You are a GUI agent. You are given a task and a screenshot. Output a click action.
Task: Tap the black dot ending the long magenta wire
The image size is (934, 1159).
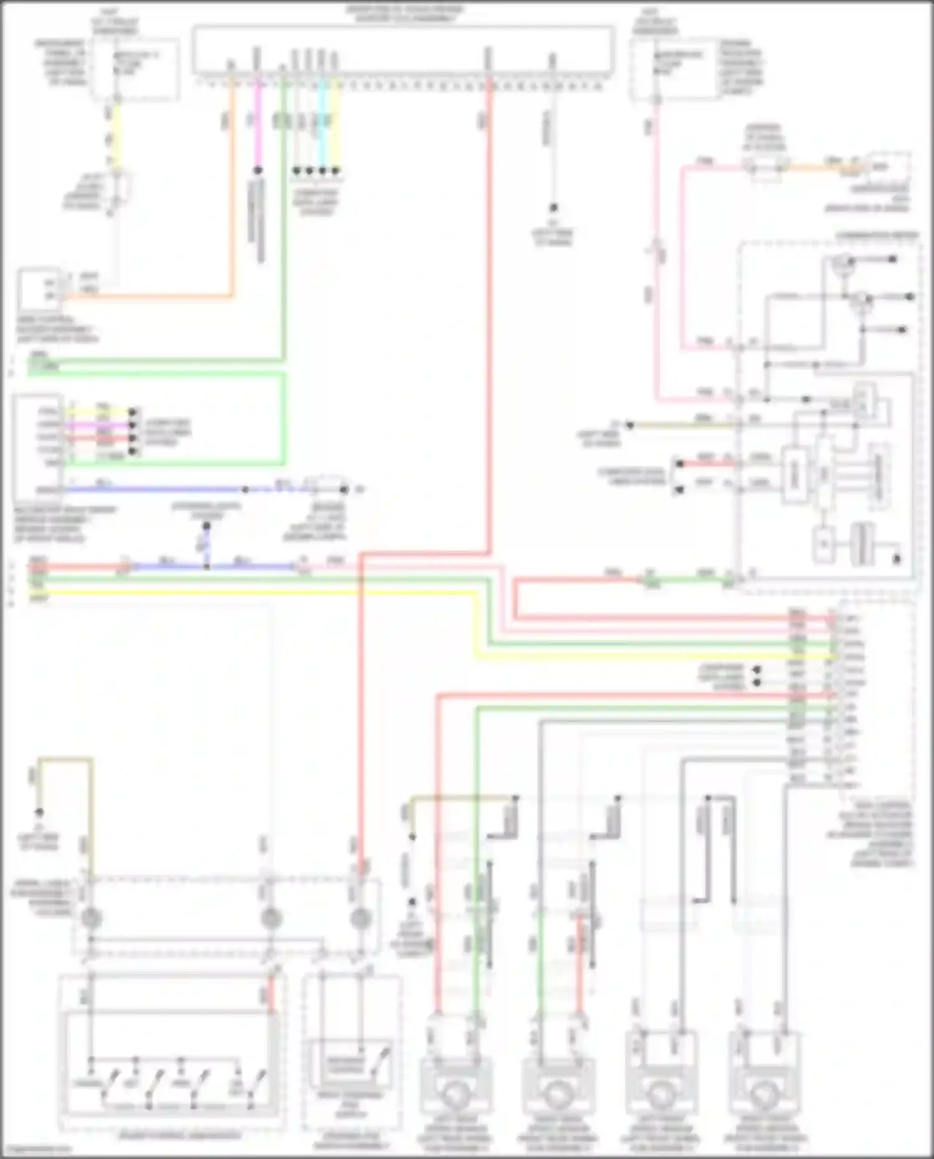point(258,170)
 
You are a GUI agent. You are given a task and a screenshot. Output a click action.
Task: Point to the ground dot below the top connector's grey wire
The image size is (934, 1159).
point(553,207)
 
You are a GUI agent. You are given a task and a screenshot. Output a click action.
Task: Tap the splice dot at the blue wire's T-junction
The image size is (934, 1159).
point(207,567)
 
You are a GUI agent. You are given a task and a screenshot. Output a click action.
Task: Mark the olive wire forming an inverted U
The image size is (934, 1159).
point(65,760)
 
